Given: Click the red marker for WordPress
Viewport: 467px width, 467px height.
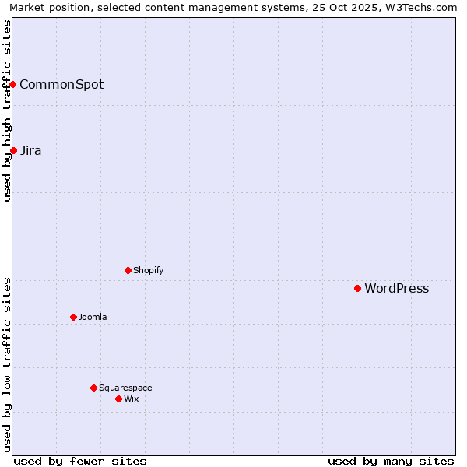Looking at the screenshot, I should (357, 288).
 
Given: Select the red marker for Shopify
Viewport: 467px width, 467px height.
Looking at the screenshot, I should (128, 270).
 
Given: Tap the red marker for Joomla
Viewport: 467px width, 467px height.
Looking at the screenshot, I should (73, 317).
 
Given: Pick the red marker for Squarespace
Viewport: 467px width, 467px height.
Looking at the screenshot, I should (93, 388).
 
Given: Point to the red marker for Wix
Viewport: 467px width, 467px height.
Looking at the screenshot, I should (118, 399).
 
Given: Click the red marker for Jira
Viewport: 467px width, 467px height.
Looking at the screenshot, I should (13, 150).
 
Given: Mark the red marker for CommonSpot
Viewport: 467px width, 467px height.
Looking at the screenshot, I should (13, 84).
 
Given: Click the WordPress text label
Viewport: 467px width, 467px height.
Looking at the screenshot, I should (396, 289).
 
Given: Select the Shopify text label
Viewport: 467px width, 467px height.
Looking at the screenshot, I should (148, 271).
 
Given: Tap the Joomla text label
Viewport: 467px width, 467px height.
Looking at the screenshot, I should (93, 318).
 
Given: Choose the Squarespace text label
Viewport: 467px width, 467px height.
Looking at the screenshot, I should (125, 388).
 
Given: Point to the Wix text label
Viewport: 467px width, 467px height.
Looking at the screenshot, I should (131, 399).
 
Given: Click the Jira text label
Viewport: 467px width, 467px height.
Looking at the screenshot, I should (30, 151).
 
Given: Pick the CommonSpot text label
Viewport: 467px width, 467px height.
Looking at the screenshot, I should (61, 85).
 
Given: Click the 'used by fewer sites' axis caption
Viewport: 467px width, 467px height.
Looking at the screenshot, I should (80, 462).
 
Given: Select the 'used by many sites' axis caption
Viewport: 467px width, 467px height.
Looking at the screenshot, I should (391, 462).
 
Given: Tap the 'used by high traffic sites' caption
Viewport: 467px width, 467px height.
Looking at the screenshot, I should (8, 111).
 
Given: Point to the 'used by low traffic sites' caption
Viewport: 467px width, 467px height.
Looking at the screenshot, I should (8, 364).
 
